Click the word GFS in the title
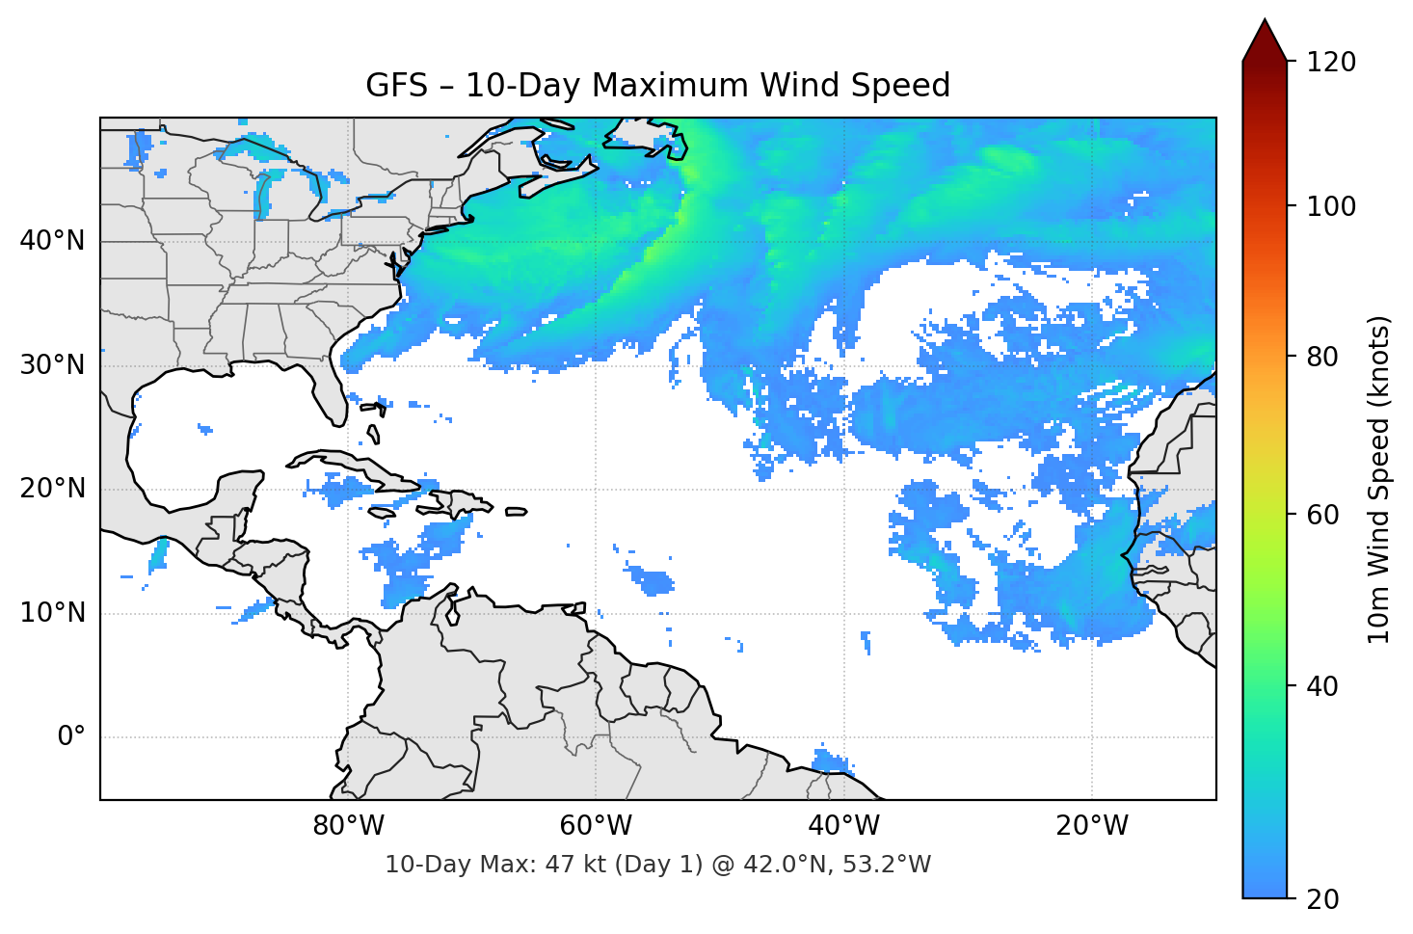coord(396,86)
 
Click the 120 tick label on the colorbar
coord(1331,63)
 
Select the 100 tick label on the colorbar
coord(1331,206)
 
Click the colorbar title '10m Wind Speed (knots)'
coord(1379,479)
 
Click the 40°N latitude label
coord(52,241)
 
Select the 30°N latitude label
coord(52,365)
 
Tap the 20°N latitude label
coord(52,489)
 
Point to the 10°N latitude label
coord(52,613)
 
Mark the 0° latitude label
coord(71,737)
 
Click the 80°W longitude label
coord(348,826)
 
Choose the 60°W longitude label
coord(596,826)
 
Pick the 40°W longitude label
coord(844,826)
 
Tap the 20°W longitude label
coord(1092,826)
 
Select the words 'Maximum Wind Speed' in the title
coord(771,86)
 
